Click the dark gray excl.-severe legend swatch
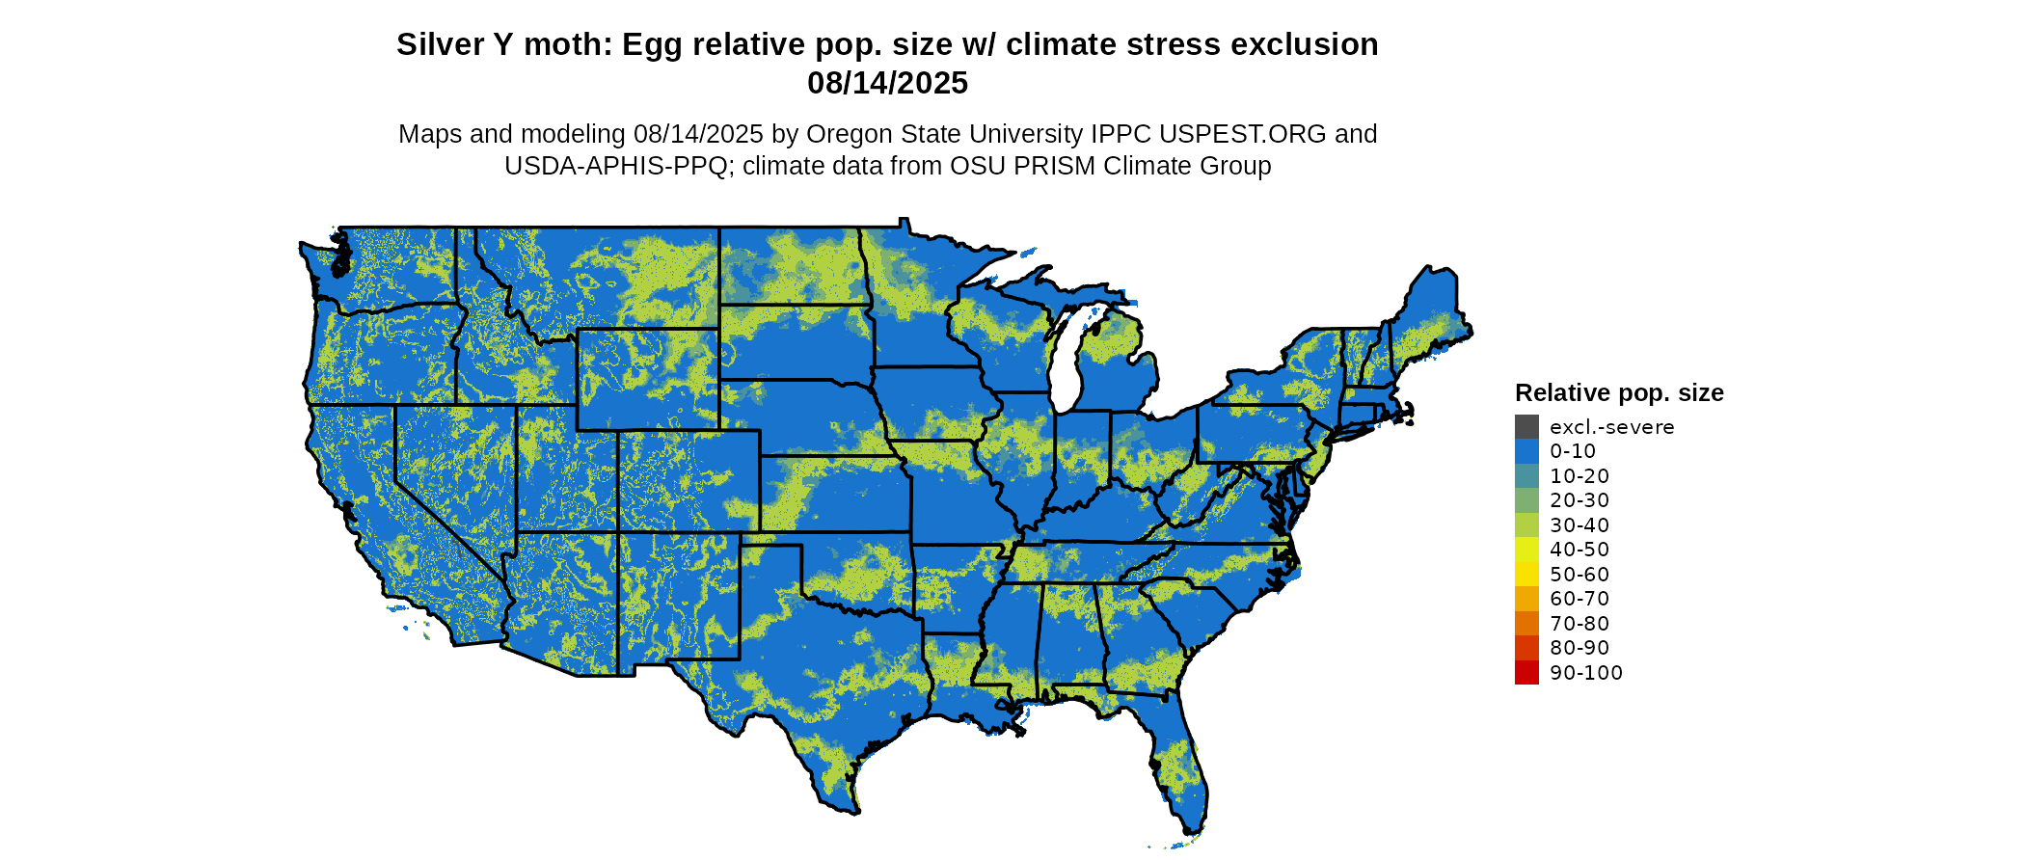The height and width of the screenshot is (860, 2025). [1526, 427]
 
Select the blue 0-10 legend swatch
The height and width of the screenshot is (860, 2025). [1526, 451]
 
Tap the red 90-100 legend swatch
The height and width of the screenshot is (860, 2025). [1526, 673]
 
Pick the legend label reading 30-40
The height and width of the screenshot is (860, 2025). [1579, 525]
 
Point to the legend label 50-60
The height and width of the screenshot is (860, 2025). [1579, 575]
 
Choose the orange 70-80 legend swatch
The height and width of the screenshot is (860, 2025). [1526, 624]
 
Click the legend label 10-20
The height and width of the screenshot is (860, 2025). [1579, 476]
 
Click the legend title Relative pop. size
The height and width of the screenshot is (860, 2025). [1619, 393]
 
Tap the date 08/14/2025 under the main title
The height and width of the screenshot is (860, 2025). [887, 84]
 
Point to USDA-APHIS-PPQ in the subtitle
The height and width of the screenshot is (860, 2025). [615, 166]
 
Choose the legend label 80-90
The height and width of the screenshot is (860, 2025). [1579, 648]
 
